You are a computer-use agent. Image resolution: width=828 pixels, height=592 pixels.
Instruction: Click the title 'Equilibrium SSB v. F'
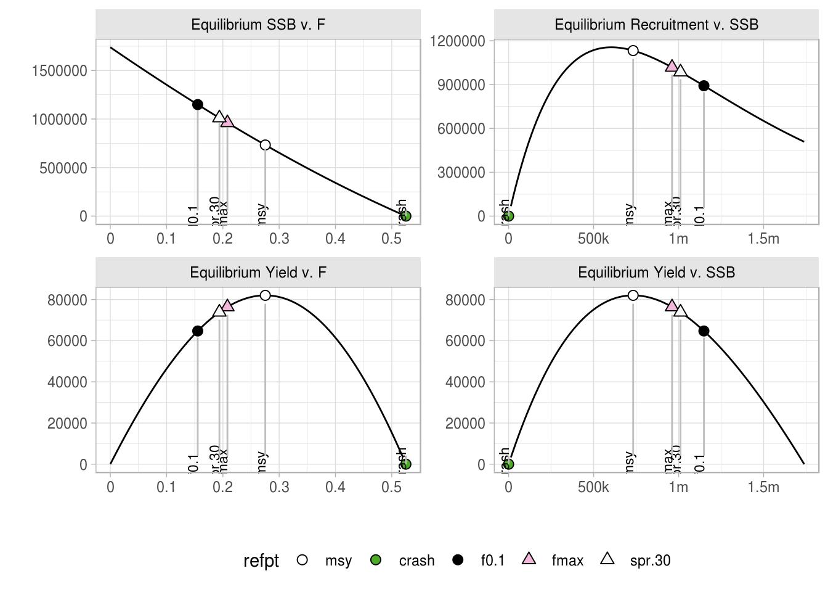pyautogui.click(x=258, y=25)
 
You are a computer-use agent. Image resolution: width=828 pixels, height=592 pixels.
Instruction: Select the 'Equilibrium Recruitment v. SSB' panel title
pyautogui.click(x=656, y=25)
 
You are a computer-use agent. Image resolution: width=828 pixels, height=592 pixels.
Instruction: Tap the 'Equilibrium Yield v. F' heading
pyautogui.click(x=258, y=273)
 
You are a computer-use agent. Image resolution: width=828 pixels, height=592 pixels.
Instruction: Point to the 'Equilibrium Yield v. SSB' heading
pyautogui.click(x=656, y=273)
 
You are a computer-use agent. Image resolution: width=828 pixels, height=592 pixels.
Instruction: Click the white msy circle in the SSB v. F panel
pyautogui.click(x=265, y=145)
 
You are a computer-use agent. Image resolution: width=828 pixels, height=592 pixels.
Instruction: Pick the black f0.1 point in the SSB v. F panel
pyautogui.click(x=198, y=105)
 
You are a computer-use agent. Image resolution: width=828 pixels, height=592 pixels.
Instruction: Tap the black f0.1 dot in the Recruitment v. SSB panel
pyautogui.click(x=704, y=86)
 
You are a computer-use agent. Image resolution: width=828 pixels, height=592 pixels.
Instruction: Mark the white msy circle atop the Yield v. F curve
pyautogui.click(x=265, y=295)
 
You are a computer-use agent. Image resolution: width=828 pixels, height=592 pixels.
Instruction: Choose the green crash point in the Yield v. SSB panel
pyautogui.click(x=509, y=464)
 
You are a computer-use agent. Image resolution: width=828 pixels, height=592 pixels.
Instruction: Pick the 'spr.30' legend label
pyautogui.click(x=650, y=561)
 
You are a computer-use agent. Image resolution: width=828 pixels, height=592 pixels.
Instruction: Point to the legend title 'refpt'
pyautogui.click(x=261, y=561)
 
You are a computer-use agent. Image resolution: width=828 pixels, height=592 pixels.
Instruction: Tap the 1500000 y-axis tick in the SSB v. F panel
pyautogui.click(x=60, y=71)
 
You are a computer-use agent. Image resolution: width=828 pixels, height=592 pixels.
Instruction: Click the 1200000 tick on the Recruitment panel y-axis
pyautogui.click(x=458, y=41)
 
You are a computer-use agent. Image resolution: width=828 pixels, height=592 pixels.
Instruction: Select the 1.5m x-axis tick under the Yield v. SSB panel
pyautogui.click(x=763, y=487)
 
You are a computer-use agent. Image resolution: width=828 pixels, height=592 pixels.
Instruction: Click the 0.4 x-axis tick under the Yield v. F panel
pyautogui.click(x=335, y=487)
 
